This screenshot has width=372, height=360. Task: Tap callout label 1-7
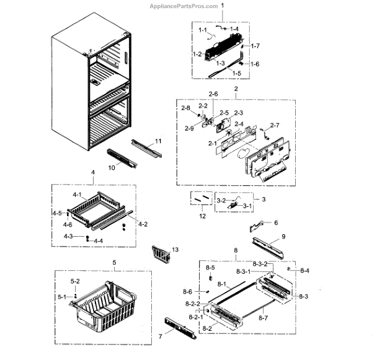pyautogui.click(x=254, y=46)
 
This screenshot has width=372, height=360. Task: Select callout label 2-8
pyautogui.click(x=186, y=108)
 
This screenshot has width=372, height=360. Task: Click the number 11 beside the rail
pyautogui.click(x=158, y=142)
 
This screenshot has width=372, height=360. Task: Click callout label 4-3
pyautogui.click(x=68, y=236)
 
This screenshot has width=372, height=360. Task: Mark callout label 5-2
pyautogui.click(x=75, y=281)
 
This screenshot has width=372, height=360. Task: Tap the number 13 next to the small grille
pyautogui.click(x=175, y=249)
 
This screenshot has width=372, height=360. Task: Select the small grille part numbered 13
pyautogui.click(x=160, y=253)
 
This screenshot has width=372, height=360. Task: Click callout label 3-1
pyautogui.click(x=247, y=206)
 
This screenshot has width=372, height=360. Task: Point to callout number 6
pyautogui.click(x=276, y=222)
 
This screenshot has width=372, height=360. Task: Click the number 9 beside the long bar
pyautogui.click(x=283, y=237)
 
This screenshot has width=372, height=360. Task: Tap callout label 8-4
pyautogui.click(x=304, y=271)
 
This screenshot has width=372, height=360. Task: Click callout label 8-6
pyautogui.click(x=187, y=292)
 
